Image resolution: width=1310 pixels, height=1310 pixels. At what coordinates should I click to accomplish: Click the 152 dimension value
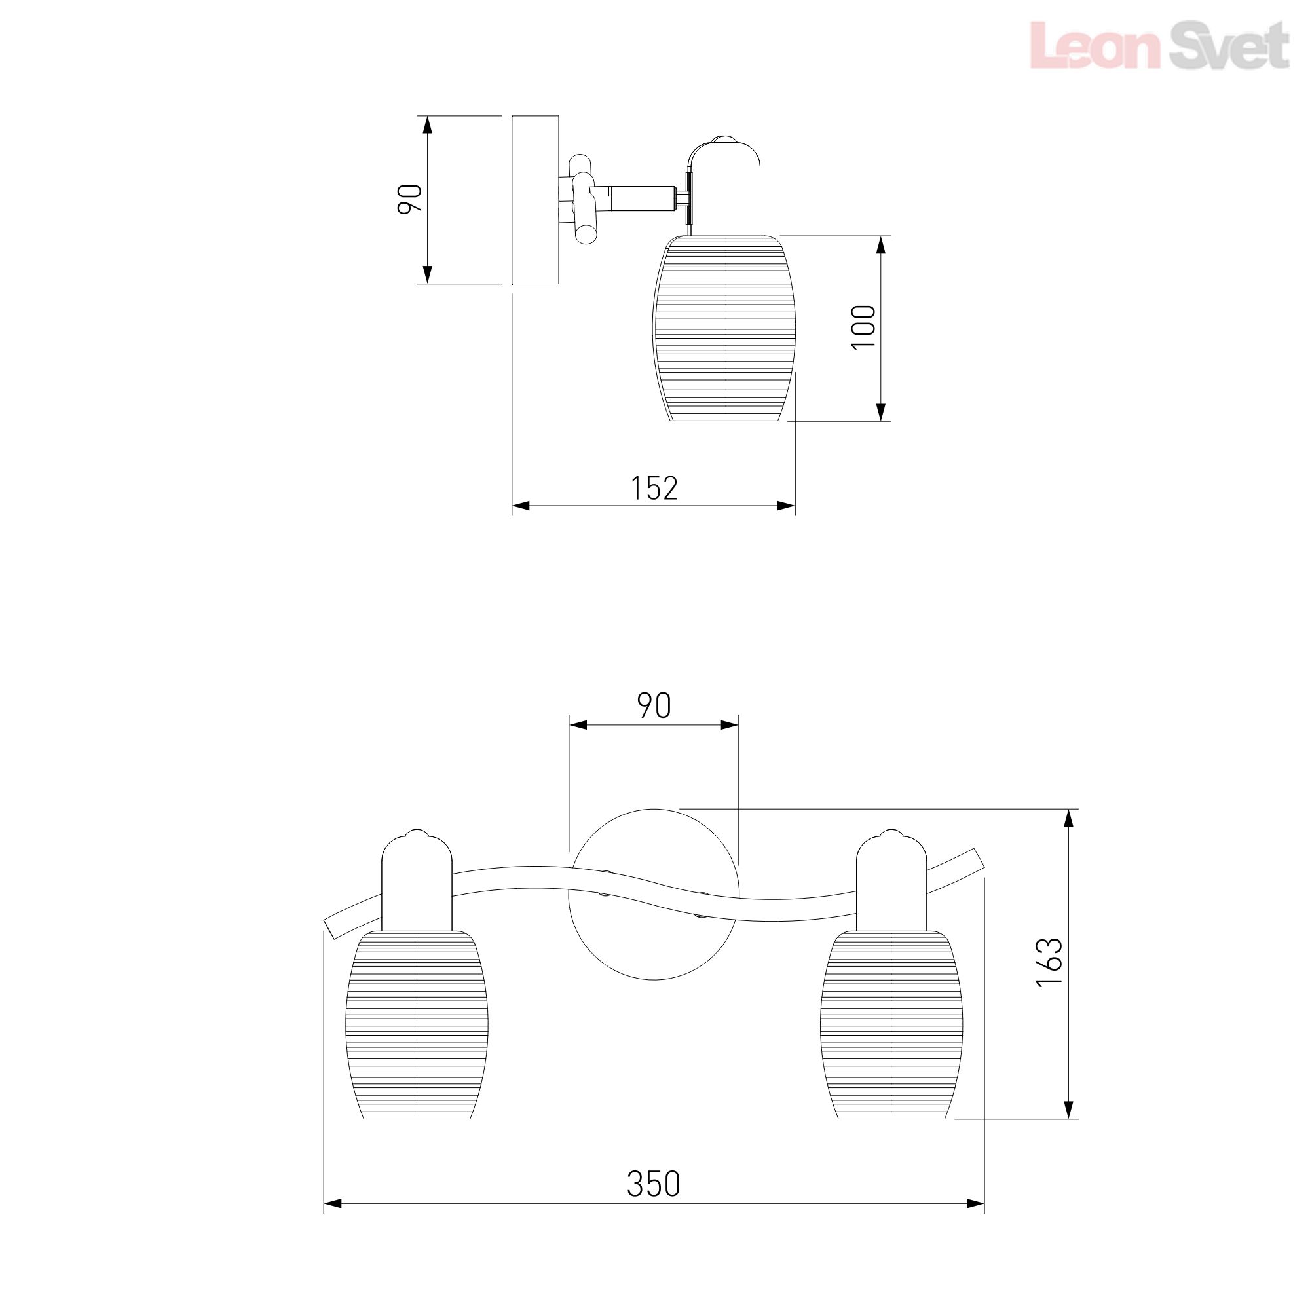point(654,488)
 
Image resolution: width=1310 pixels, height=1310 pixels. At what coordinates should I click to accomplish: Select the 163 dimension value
point(1049,962)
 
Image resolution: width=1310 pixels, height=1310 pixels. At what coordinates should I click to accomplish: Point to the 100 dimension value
point(864,327)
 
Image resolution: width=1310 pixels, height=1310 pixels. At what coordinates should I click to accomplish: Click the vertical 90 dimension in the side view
point(410,199)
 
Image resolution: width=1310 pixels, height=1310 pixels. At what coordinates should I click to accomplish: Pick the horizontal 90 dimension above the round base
point(654,706)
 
